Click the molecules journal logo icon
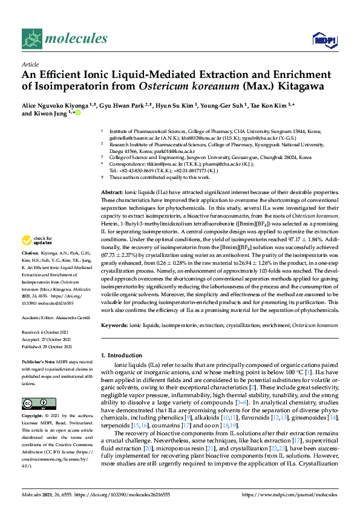pos(31,39)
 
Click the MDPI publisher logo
pos(324,40)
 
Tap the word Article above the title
pos(30,63)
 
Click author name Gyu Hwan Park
pos(118,104)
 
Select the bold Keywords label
pos(114,325)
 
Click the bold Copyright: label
pos(33,417)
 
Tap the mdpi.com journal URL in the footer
pos(289,494)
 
